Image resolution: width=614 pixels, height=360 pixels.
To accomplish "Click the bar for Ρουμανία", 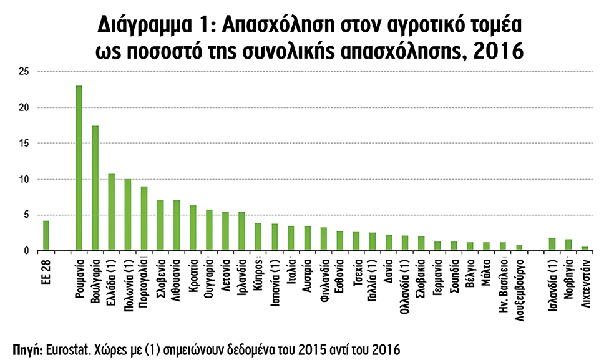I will pos(79,168).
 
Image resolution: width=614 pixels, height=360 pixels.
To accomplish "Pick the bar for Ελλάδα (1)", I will pos(111,212).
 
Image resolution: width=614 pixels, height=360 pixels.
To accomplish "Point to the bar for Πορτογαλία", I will pos(144,218).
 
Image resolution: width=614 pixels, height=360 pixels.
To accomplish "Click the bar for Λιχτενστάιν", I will pos(584,248).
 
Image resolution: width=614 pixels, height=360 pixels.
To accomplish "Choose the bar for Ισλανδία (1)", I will pos(552,244).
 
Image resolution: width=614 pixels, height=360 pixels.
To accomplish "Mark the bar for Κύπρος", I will pos(258,237).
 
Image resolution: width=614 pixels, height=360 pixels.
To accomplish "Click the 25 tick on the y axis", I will pos(25,72).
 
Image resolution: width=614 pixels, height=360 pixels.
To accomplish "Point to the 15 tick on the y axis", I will pos(25,144).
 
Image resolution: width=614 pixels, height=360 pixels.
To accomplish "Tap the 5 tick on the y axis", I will pos(27,215).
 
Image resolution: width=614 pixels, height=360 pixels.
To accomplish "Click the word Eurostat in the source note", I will pos(67,347).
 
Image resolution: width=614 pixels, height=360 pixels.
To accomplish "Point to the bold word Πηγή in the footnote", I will pos(26,347).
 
